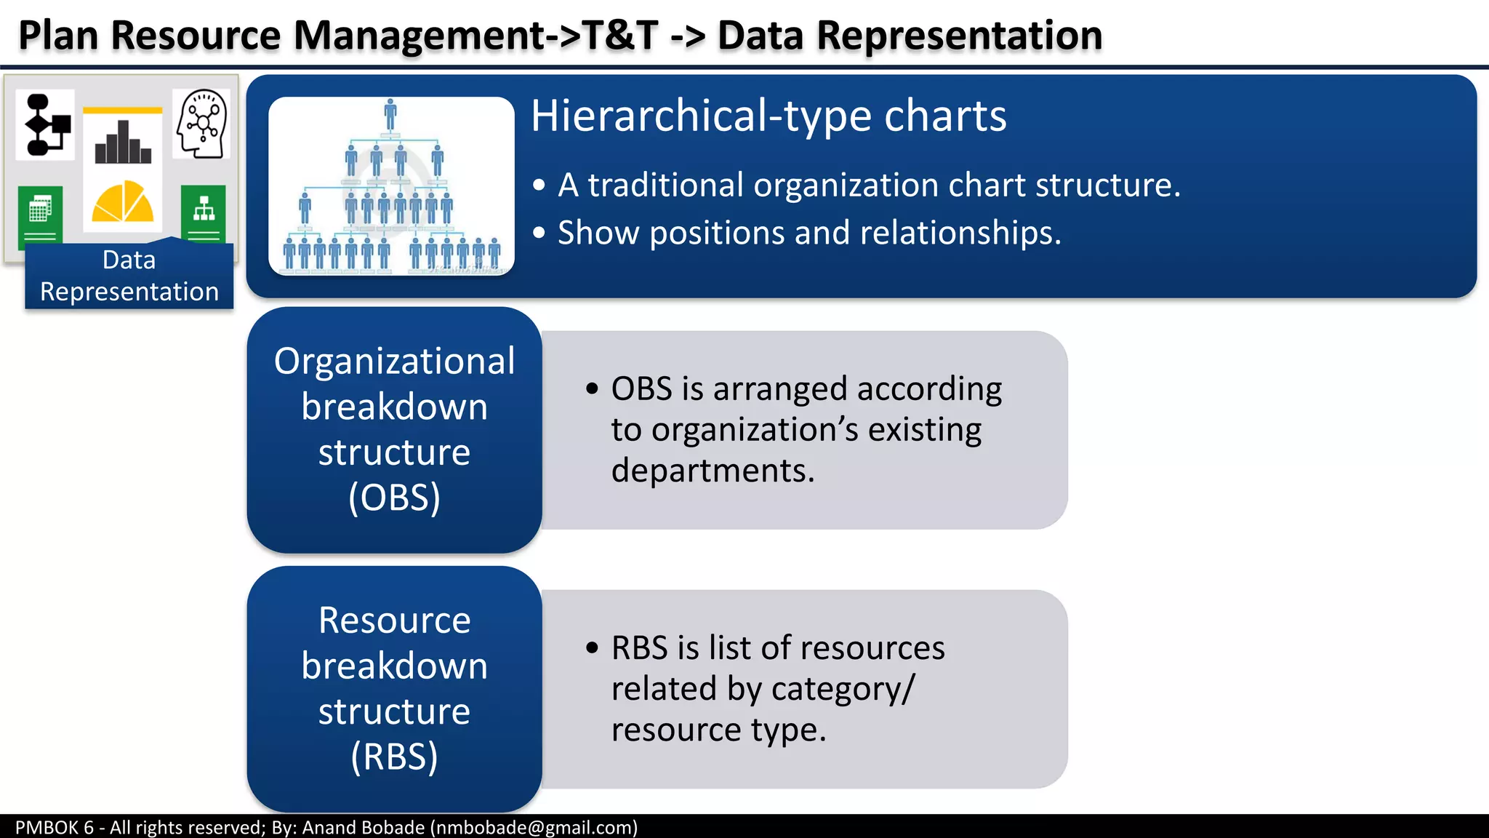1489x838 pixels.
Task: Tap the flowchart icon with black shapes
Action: (x=47, y=125)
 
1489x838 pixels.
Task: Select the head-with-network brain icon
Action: (x=201, y=124)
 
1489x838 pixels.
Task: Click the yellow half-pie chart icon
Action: (x=122, y=201)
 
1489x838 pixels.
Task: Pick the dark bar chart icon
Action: (x=123, y=143)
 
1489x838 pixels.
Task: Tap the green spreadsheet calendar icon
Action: (x=40, y=213)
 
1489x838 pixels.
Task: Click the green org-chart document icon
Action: (x=204, y=213)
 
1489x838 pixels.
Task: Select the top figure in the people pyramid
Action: (x=390, y=115)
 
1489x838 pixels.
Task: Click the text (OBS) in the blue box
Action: (x=394, y=498)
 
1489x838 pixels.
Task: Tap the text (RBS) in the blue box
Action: (x=394, y=757)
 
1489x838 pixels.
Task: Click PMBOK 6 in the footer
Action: (x=55, y=827)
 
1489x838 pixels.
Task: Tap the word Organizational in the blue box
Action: (x=394, y=362)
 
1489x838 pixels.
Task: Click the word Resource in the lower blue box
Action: (x=394, y=620)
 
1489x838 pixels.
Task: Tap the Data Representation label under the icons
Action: (x=129, y=276)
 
